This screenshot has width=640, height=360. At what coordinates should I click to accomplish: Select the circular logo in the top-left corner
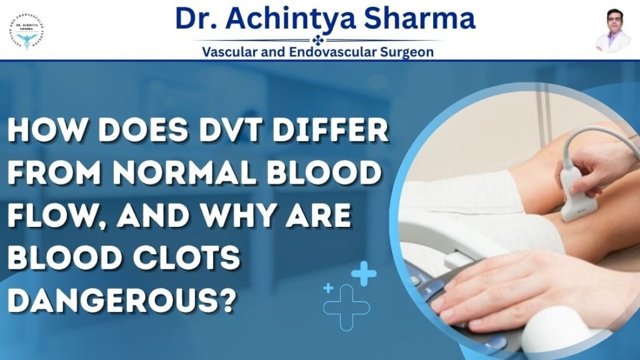point(29,30)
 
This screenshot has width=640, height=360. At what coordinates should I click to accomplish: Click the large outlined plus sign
point(346,307)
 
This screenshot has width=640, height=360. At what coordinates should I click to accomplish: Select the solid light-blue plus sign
point(363,273)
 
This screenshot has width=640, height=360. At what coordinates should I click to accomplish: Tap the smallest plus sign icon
point(328,288)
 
